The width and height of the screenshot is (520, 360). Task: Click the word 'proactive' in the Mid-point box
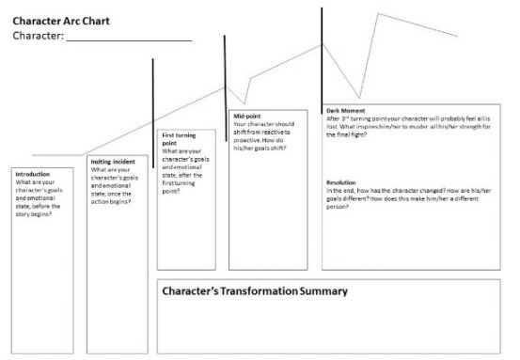(250, 140)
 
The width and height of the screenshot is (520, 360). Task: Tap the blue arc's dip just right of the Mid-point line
(244, 102)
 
